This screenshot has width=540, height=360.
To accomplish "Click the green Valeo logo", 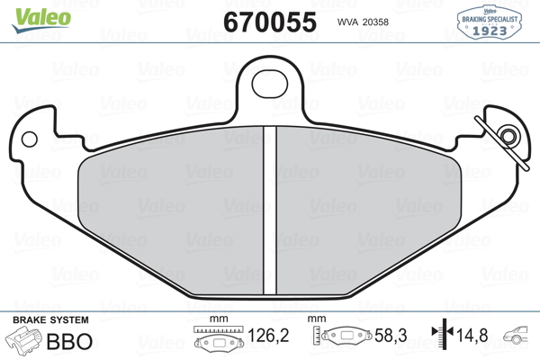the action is pos(41,20).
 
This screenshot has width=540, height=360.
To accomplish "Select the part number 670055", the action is pos(270,22).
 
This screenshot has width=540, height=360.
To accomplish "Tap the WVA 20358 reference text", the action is pos(363,22).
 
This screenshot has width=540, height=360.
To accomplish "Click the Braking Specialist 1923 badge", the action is pos(489,22).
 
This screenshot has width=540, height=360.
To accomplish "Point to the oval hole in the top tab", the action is pos(270,84).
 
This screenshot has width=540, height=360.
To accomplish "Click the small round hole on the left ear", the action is pos(30,139).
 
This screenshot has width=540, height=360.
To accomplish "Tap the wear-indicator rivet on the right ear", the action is pos(508,136).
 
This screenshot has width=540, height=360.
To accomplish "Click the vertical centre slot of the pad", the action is pos(270,211).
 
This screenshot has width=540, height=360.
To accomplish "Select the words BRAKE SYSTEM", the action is pos(50,320).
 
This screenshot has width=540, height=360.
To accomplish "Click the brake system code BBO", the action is pos(69,341).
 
